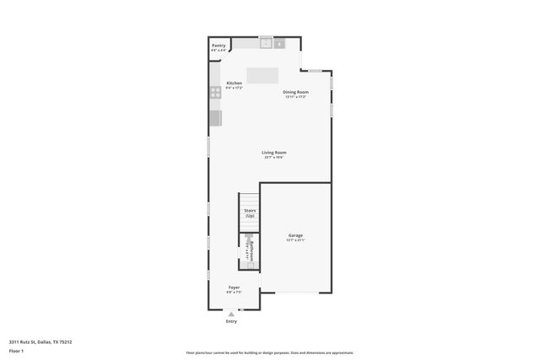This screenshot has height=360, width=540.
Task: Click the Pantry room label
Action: click(219, 46)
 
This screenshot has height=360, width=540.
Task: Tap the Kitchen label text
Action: click(235, 83)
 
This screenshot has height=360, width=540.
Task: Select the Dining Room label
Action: click(295, 92)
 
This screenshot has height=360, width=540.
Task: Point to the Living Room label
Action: click(274, 153)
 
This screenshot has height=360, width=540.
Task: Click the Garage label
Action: click(295, 235)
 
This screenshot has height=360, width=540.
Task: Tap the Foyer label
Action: click(234, 287)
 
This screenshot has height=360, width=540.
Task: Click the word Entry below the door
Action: click(231, 321)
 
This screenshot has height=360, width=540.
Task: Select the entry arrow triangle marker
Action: click(231, 313)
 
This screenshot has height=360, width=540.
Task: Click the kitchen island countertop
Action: click(262, 74)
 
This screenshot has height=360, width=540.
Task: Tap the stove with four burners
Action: click(215, 93)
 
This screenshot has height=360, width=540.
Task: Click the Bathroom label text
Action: click(251, 250)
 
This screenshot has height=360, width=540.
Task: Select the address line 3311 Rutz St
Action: click(40, 341)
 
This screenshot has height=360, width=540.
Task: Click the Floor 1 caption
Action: click(17, 350)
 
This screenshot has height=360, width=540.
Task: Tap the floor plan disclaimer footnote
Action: click(270, 353)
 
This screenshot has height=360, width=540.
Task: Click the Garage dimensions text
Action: click(295, 240)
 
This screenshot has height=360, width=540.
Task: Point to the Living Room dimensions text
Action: click(274, 158)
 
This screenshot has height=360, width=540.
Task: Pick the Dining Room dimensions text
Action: click(295, 97)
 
